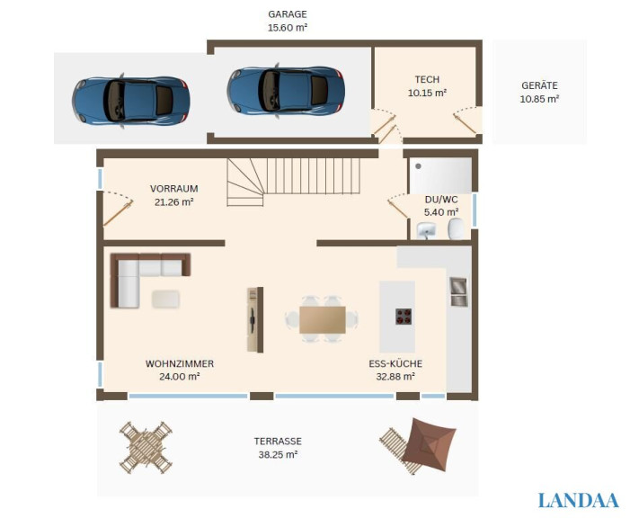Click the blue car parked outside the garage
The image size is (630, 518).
[x=131, y=101]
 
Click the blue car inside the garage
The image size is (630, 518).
[x=286, y=91]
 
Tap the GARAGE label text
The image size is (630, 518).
[x=288, y=14]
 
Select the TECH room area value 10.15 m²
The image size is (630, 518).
[x=428, y=93]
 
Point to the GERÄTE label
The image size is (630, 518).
[x=539, y=85]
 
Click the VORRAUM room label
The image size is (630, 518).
[x=174, y=189]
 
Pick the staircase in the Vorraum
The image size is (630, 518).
[x=293, y=182]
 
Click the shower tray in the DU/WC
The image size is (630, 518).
[x=440, y=175]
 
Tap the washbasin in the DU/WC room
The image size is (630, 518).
[x=426, y=230]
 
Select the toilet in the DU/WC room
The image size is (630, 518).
[x=456, y=228]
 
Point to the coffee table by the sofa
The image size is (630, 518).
[x=165, y=299]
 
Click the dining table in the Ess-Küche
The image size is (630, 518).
[x=323, y=320]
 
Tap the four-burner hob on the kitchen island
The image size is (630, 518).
[x=404, y=317]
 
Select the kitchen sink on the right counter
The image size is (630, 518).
[x=458, y=291]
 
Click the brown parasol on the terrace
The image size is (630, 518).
[x=430, y=444]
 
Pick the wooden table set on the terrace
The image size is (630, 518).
[x=146, y=448]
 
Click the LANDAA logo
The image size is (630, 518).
[x=579, y=501]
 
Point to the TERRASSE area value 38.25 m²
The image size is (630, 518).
[x=278, y=455]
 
